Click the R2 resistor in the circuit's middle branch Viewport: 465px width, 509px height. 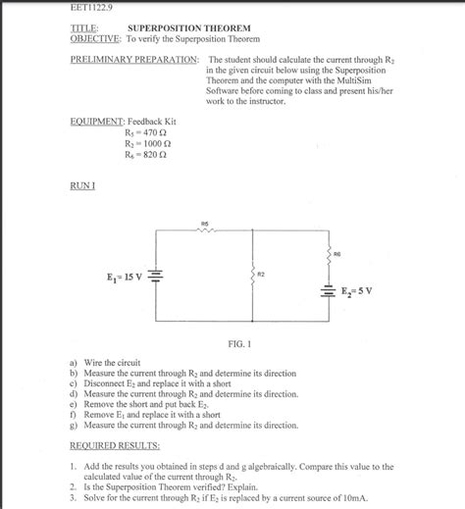(254, 276)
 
